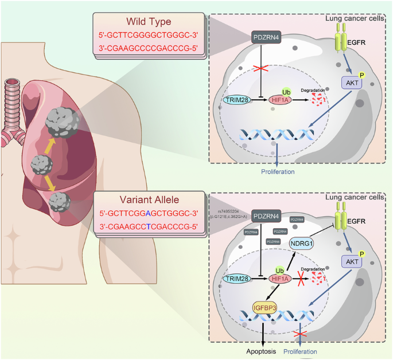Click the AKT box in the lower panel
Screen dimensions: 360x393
click(351, 261)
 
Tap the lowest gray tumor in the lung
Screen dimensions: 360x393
click(60, 202)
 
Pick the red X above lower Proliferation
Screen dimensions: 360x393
click(298, 334)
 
